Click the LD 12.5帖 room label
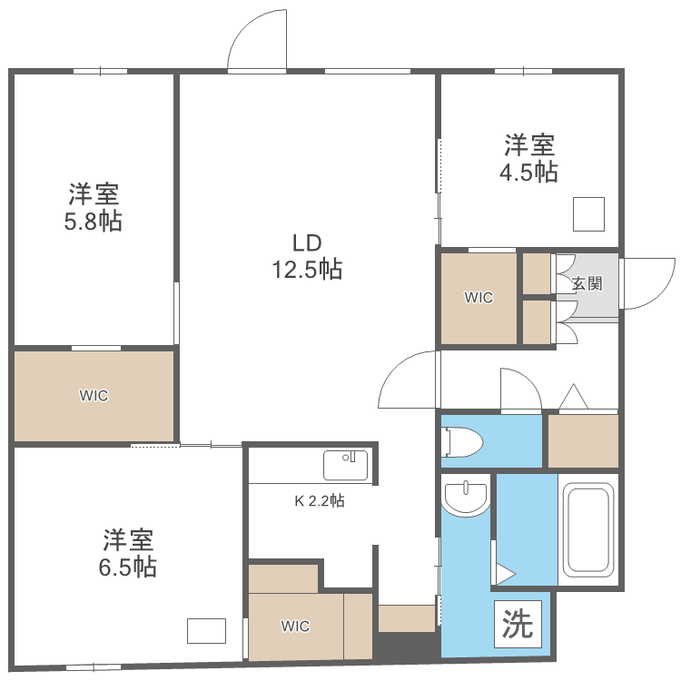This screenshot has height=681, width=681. click(x=307, y=256)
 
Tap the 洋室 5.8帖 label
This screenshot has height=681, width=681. click(x=94, y=207)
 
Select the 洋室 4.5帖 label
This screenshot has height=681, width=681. click(x=530, y=158)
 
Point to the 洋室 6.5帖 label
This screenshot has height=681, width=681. click(x=128, y=552)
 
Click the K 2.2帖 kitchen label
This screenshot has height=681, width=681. click(x=319, y=499)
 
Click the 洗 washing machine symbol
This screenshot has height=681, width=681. click(x=518, y=624)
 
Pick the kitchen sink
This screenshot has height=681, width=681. click(x=346, y=464)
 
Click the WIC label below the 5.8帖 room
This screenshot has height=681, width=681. click(x=94, y=395)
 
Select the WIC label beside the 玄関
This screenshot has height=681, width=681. click(x=479, y=297)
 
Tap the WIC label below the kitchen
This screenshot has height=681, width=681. click(x=295, y=626)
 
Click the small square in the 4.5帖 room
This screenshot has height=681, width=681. click(x=588, y=213)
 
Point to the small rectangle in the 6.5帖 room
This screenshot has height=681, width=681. click(x=206, y=630)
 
